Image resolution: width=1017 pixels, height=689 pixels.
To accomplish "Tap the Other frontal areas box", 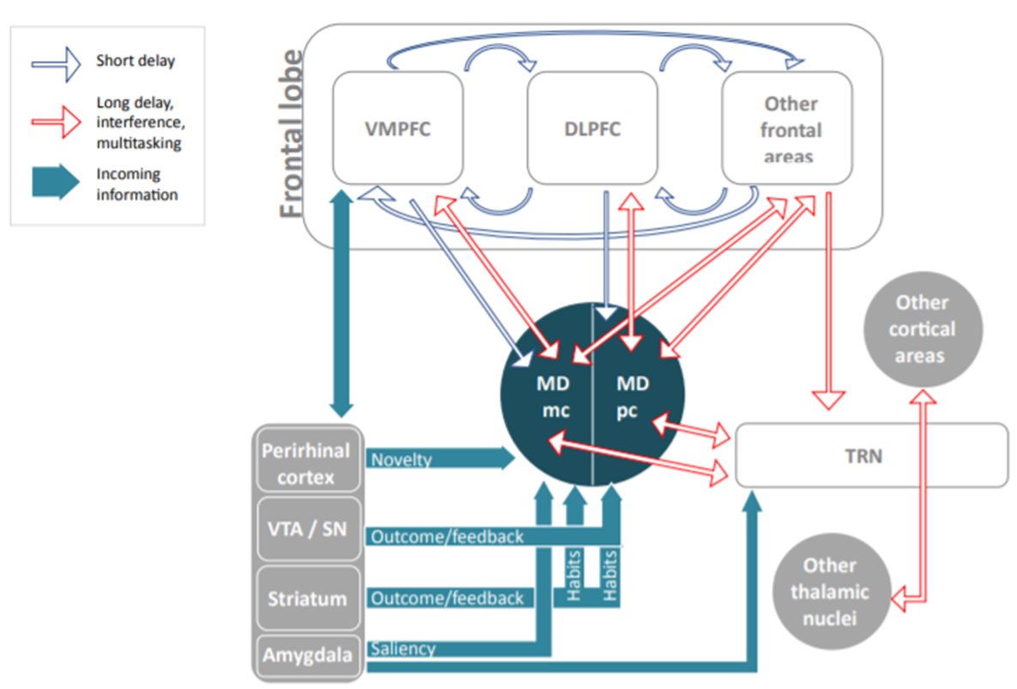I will click(x=786, y=129).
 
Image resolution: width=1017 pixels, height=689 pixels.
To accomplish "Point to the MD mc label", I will click(x=549, y=396).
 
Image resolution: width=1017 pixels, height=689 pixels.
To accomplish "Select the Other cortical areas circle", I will click(x=923, y=329).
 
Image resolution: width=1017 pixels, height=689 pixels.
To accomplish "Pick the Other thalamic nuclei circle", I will click(x=829, y=591).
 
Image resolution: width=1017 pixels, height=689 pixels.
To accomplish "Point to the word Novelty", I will click(x=401, y=461).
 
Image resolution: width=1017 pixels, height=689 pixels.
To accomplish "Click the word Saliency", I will click(x=403, y=650).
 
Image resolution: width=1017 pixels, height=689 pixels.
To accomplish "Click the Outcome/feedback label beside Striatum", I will click(x=446, y=598).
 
